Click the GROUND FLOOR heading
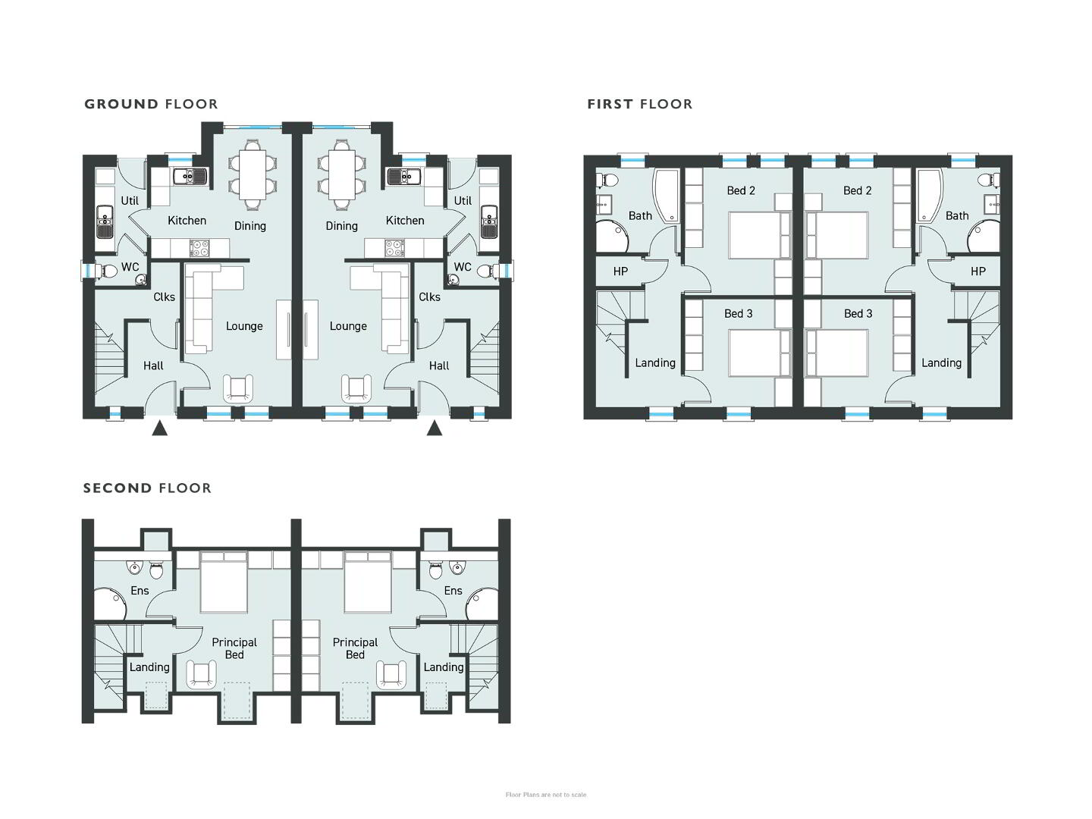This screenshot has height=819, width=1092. point(151,104)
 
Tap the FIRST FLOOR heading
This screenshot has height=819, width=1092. point(640,104)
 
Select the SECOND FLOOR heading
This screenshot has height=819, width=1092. point(147,488)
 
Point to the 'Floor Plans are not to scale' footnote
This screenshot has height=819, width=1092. point(546,795)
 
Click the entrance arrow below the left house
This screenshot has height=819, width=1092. point(159,428)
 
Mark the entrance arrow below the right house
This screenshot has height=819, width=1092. point(435,428)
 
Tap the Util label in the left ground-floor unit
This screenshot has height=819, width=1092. point(130,200)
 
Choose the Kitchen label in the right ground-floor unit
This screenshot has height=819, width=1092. point(405,220)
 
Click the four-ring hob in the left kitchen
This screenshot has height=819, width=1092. point(199,248)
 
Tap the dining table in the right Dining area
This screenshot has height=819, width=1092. point(341,174)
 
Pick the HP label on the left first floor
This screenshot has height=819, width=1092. point(620,271)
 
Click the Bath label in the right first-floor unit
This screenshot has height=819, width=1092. point(957,216)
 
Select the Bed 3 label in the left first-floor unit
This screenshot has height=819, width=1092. point(739,313)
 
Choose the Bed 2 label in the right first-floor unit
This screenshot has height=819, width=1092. point(857,190)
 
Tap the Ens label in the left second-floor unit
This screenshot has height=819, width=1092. point(140,590)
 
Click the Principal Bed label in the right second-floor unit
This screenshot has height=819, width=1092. point(355,648)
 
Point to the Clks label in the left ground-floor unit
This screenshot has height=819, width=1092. point(164,297)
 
